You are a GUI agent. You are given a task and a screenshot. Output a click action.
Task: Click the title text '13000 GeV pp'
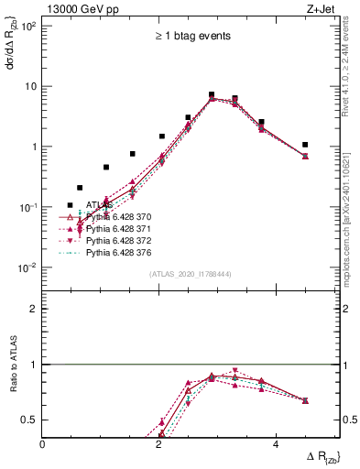tap(80, 9)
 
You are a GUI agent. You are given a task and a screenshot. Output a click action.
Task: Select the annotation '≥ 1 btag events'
tap(191, 37)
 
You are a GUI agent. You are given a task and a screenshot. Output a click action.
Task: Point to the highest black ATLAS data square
tap(212, 94)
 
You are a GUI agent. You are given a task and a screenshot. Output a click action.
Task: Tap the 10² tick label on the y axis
tap(27, 26)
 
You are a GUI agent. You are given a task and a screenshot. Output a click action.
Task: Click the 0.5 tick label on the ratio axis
tap(29, 420)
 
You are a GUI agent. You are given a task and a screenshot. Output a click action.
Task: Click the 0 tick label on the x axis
tap(43, 444)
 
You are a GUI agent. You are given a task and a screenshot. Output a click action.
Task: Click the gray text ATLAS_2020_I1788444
tap(191, 274)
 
